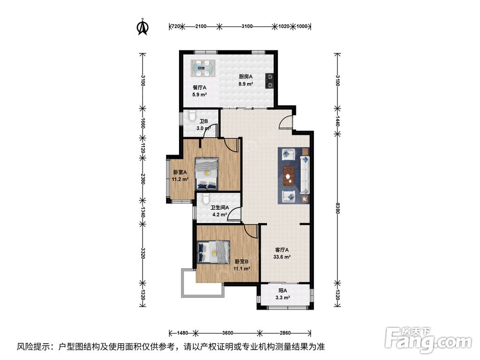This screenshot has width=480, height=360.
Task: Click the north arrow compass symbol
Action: (143, 27)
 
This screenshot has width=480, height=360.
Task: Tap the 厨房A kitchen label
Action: (245, 76)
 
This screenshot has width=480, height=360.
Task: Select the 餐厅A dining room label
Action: (200, 87)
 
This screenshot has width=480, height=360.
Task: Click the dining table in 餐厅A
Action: (203, 68)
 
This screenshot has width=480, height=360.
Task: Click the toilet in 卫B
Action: (192, 115)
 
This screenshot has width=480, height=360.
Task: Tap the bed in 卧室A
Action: (206, 174)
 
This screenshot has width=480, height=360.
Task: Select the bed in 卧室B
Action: (214, 252)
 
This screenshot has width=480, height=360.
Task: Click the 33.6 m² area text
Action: (282, 257)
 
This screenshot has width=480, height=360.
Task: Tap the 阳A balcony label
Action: (283, 291)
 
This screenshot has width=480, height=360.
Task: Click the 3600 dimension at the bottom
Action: (228, 333)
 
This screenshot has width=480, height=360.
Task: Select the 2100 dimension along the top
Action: (201, 26)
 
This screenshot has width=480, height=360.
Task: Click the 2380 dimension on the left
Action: (143, 179)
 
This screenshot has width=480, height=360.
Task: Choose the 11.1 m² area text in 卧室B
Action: (242, 269)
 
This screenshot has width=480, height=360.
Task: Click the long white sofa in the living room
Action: (305, 175)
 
